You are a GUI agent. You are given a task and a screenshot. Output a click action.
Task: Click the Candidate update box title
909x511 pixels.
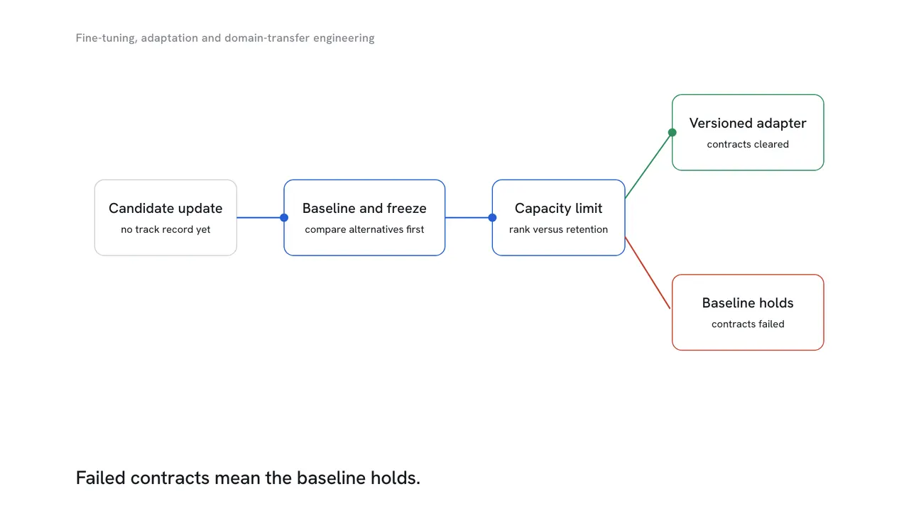(x=165, y=209)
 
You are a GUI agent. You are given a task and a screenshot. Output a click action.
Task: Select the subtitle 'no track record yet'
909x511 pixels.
(x=165, y=229)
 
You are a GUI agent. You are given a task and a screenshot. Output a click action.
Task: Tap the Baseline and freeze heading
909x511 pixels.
(x=364, y=209)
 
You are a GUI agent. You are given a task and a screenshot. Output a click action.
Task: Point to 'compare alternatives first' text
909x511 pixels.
(x=364, y=229)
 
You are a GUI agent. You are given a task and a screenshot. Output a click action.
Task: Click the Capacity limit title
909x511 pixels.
(x=558, y=209)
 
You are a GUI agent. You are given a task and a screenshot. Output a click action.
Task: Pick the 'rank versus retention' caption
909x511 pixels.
(x=558, y=229)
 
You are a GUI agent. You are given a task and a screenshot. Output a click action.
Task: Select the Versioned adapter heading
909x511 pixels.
(x=748, y=123)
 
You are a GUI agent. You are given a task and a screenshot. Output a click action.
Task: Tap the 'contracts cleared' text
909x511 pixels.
(x=748, y=144)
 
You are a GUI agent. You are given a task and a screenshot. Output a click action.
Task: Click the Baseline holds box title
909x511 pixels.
(x=748, y=303)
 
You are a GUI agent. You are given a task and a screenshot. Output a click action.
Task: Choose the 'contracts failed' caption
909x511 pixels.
(x=748, y=324)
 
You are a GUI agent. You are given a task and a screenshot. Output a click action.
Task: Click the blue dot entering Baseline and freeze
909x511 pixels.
(x=284, y=218)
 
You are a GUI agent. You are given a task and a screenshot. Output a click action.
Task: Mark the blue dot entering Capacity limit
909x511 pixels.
(x=492, y=218)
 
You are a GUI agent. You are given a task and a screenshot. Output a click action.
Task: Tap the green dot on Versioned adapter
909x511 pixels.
(x=672, y=132)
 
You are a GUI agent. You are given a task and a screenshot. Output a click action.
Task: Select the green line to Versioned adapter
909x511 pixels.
(x=648, y=165)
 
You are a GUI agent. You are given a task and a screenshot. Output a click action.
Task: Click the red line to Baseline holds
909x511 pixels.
(x=648, y=273)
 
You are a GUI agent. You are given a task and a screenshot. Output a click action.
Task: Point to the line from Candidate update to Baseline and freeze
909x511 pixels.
(x=261, y=218)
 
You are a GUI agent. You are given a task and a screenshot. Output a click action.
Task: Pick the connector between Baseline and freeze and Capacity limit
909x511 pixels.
(x=469, y=218)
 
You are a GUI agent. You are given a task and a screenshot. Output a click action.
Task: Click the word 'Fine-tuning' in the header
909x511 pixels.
(x=107, y=38)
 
